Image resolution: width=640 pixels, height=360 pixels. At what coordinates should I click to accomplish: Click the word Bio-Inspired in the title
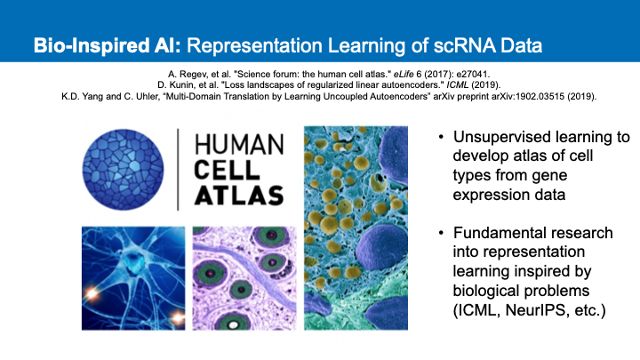[92, 45]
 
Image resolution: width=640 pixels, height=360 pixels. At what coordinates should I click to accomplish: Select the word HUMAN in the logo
[239, 145]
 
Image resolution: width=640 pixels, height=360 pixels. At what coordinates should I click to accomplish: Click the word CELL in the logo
[227, 170]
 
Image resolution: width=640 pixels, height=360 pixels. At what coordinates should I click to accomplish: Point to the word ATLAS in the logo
[239, 195]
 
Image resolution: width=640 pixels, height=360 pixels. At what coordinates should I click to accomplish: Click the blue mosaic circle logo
[123, 170]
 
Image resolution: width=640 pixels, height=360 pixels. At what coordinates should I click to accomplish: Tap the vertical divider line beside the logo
[178, 170]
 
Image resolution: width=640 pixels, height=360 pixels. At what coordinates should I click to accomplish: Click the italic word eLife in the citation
[404, 75]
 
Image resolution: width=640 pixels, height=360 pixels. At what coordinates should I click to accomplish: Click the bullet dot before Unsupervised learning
[441, 137]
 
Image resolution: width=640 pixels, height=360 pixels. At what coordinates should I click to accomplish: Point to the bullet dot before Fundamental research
[441, 233]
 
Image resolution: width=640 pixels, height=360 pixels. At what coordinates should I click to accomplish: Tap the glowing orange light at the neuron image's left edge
[90, 292]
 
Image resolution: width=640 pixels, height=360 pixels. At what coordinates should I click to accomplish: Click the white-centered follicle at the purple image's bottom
[233, 324]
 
